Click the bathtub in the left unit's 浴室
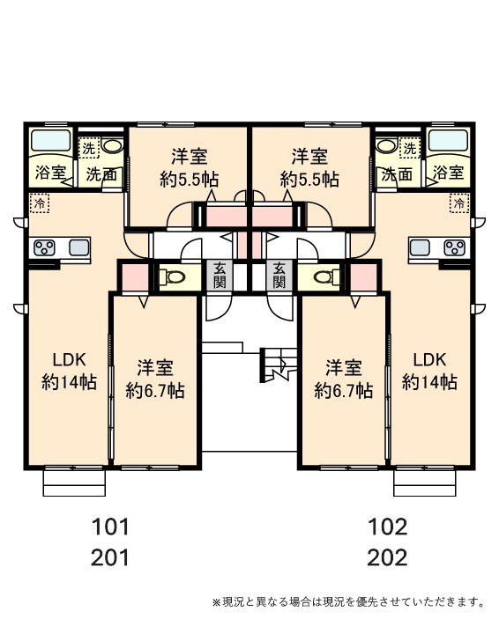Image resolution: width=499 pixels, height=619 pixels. coord(50,140)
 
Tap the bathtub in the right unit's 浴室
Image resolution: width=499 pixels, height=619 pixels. coord(449,140)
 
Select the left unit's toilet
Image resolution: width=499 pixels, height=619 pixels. coord(172,276)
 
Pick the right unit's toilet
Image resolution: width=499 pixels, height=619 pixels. coord(327,276)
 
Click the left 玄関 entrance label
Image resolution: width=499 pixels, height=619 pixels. coord(220,275)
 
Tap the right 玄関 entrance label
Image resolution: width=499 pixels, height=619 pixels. coord(279,275)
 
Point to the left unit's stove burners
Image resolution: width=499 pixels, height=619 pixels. coord(44,248)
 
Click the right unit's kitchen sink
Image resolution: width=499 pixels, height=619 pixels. coord(420,248)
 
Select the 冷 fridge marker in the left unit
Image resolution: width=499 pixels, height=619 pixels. coord(40,203)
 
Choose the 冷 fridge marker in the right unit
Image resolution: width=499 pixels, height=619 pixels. coord(459,203)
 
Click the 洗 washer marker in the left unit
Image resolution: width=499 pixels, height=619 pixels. coord(88,149)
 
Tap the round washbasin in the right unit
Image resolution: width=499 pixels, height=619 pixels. coord(388,146)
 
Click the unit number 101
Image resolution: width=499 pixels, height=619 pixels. coord(110,527)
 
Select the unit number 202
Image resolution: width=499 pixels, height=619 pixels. coord(387,558)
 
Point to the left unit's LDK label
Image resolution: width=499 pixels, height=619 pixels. coord(69,359)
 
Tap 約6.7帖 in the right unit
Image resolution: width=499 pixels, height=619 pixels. coord(343,391)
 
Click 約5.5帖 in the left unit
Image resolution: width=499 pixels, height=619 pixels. coord(189,180)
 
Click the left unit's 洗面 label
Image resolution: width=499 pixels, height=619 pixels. coord(101,174)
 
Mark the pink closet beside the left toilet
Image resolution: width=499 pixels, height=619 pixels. coord(135,277)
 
